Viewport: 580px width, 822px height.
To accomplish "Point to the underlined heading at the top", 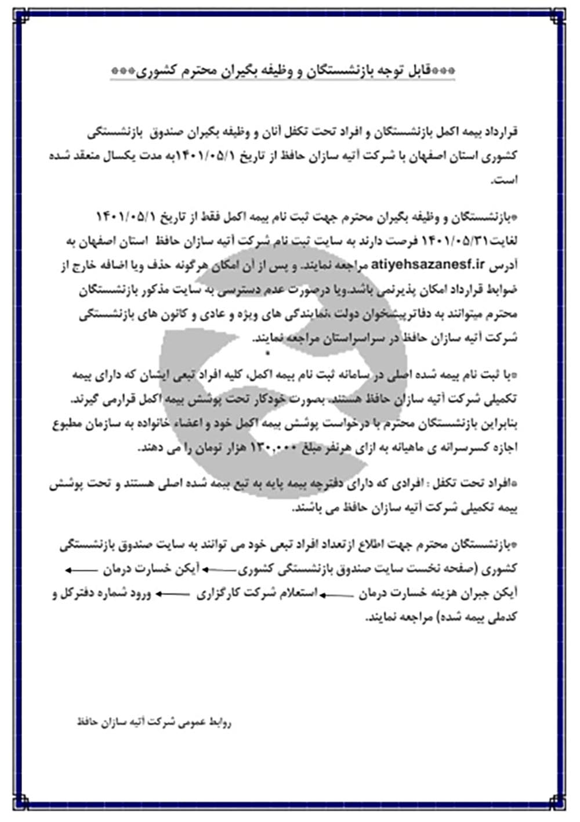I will click(x=282, y=71).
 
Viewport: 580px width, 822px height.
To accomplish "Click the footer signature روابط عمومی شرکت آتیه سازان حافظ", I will click(x=155, y=723).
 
